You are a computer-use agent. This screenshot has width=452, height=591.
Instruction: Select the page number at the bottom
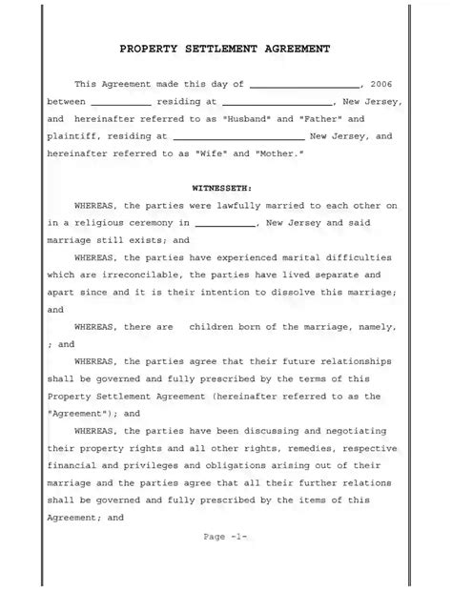tap(226, 537)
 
